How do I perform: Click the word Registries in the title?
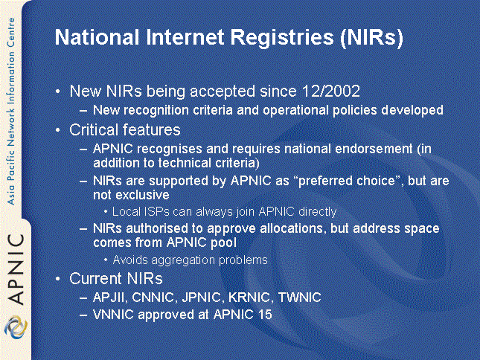coord(282,38)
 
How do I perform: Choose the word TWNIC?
coord(300,298)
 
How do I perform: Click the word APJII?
coord(110,298)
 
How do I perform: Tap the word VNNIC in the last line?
coord(113,315)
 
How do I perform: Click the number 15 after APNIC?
coord(265,315)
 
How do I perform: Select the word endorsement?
coord(374,149)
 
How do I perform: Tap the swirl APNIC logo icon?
coord(16,327)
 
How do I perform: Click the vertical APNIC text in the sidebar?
coord(16,269)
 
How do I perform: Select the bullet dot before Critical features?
coord(58,130)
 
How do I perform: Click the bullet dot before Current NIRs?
coord(58,279)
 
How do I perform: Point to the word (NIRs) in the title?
coord(371,38)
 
